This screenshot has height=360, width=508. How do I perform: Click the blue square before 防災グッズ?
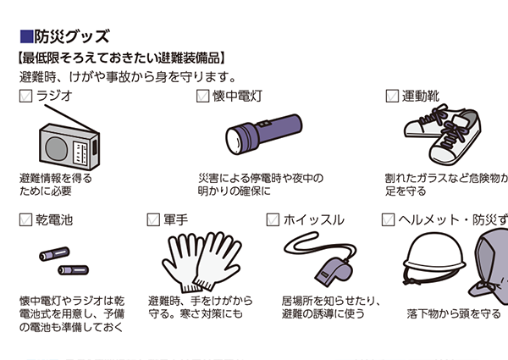click(x=26, y=36)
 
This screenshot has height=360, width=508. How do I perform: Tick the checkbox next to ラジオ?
click(x=25, y=96)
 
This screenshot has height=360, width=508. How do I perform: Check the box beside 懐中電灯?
click(x=203, y=96)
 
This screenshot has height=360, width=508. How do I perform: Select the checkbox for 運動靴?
click(x=392, y=96)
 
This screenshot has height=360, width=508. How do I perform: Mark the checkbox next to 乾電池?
click(x=25, y=219)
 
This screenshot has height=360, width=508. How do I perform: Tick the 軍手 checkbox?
click(x=153, y=219)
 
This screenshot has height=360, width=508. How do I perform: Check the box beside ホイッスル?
click(x=273, y=219)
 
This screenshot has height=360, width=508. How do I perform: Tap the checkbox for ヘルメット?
click(x=388, y=219)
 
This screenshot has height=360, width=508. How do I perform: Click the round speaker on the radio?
click(x=57, y=148)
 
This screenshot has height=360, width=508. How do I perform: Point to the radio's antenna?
click(x=72, y=119)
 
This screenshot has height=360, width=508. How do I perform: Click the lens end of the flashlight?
click(x=235, y=141)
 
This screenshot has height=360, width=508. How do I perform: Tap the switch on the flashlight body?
click(x=263, y=125)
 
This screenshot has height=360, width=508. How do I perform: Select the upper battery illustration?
click(x=54, y=254)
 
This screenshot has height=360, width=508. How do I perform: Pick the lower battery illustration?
click(x=73, y=270)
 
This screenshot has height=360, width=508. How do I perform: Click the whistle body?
click(x=334, y=272)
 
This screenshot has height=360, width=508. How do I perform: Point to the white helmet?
click(x=434, y=256)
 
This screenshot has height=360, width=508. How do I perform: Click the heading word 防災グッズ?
click(x=72, y=36)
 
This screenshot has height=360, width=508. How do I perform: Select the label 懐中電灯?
click(x=237, y=97)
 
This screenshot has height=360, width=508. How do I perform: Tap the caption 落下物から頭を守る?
click(x=454, y=313)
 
